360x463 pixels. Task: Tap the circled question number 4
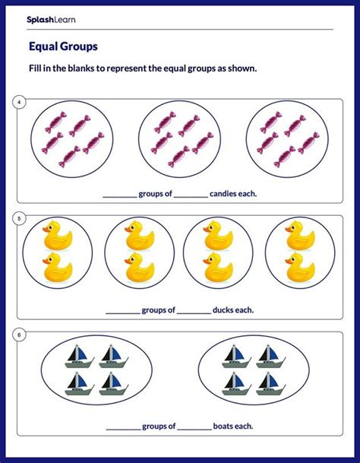(19, 102)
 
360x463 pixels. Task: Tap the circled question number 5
(19, 219)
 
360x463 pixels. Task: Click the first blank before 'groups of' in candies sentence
(119, 195)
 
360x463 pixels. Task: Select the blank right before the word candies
(190, 195)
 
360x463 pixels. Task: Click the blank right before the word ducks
(195, 311)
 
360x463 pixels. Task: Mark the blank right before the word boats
(195, 427)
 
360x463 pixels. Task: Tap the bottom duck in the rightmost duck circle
(299, 268)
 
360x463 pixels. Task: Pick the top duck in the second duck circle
(138, 235)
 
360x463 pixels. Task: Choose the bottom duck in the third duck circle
(219, 268)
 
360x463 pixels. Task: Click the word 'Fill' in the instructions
(36, 68)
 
